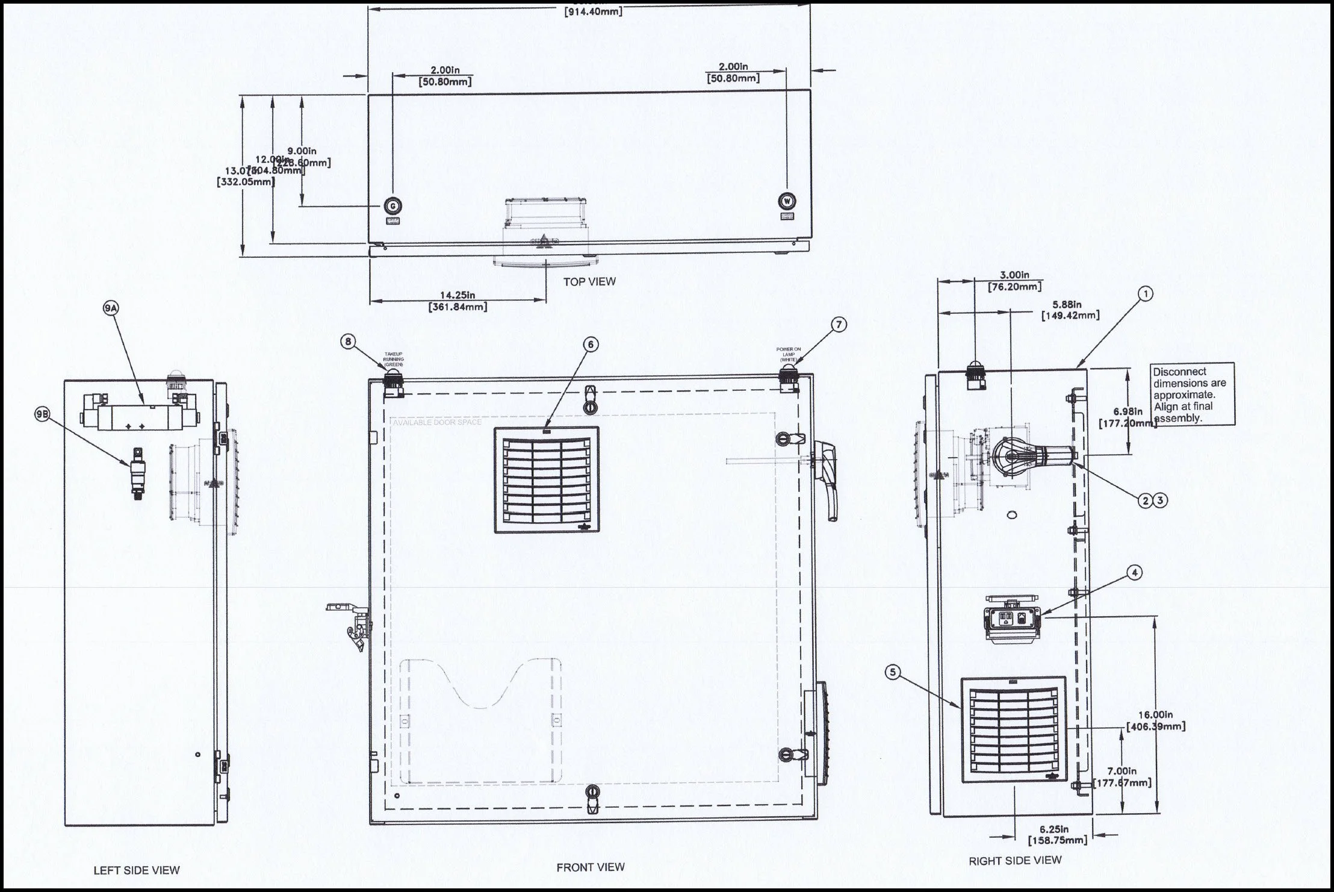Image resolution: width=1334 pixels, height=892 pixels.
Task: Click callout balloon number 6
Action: pyautogui.click(x=591, y=344)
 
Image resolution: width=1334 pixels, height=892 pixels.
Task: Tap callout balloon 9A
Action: pyautogui.click(x=111, y=308)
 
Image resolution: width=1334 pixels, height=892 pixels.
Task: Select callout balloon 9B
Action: pyautogui.click(x=42, y=414)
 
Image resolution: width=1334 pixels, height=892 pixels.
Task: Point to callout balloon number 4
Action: pyautogui.click(x=1134, y=573)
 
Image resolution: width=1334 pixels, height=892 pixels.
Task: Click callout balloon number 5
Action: pyautogui.click(x=893, y=672)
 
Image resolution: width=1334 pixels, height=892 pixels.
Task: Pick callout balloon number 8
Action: pyautogui.click(x=348, y=342)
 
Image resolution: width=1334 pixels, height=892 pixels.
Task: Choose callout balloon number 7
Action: pyautogui.click(x=838, y=325)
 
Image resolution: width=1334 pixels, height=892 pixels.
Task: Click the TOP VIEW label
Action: pyautogui.click(x=589, y=281)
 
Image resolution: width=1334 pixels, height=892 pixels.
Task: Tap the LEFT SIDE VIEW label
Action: pyautogui.click(x=137, y=870)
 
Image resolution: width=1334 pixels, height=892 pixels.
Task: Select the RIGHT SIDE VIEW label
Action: pyautogui.click(x=1015, y=861)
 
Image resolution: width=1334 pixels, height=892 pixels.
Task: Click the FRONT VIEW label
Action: pyautogui.click(x=590, y=867)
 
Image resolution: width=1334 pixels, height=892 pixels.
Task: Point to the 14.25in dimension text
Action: pyautogui.click(x=458, y=296)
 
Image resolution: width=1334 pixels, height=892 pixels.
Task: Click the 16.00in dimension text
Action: pyautogui.click(x=1155, y=715)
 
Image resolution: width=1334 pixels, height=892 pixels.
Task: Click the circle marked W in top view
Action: pyautogui.click(x=787, y=201)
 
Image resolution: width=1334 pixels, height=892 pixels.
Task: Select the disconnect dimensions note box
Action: pyautogui.click(x=1192, y=394)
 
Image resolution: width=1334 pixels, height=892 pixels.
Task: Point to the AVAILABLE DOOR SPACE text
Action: pyautogui.click(x=437, y=422)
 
